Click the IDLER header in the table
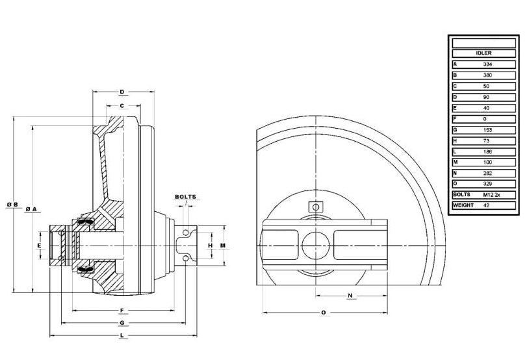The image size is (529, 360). point(484,53)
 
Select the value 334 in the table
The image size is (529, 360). point(487,64)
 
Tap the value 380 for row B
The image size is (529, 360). point(487,75)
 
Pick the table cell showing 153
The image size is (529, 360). point(487,130)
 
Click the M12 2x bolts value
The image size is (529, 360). point(491,194)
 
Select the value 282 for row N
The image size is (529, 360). point(487,174)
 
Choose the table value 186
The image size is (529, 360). point(487,151)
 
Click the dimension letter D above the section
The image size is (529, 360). point(122,92)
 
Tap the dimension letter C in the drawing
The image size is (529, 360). point(122,105)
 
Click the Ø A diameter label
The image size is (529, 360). point(31,209)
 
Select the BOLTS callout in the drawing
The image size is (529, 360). point(185,197)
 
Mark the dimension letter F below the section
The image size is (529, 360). point(122,310)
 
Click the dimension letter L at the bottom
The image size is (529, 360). point(122,335)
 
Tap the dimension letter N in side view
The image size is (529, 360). point(350,296)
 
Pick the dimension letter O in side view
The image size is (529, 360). point(324,313)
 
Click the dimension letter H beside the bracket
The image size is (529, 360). point(209,246)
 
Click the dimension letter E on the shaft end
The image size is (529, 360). point(40,246)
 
